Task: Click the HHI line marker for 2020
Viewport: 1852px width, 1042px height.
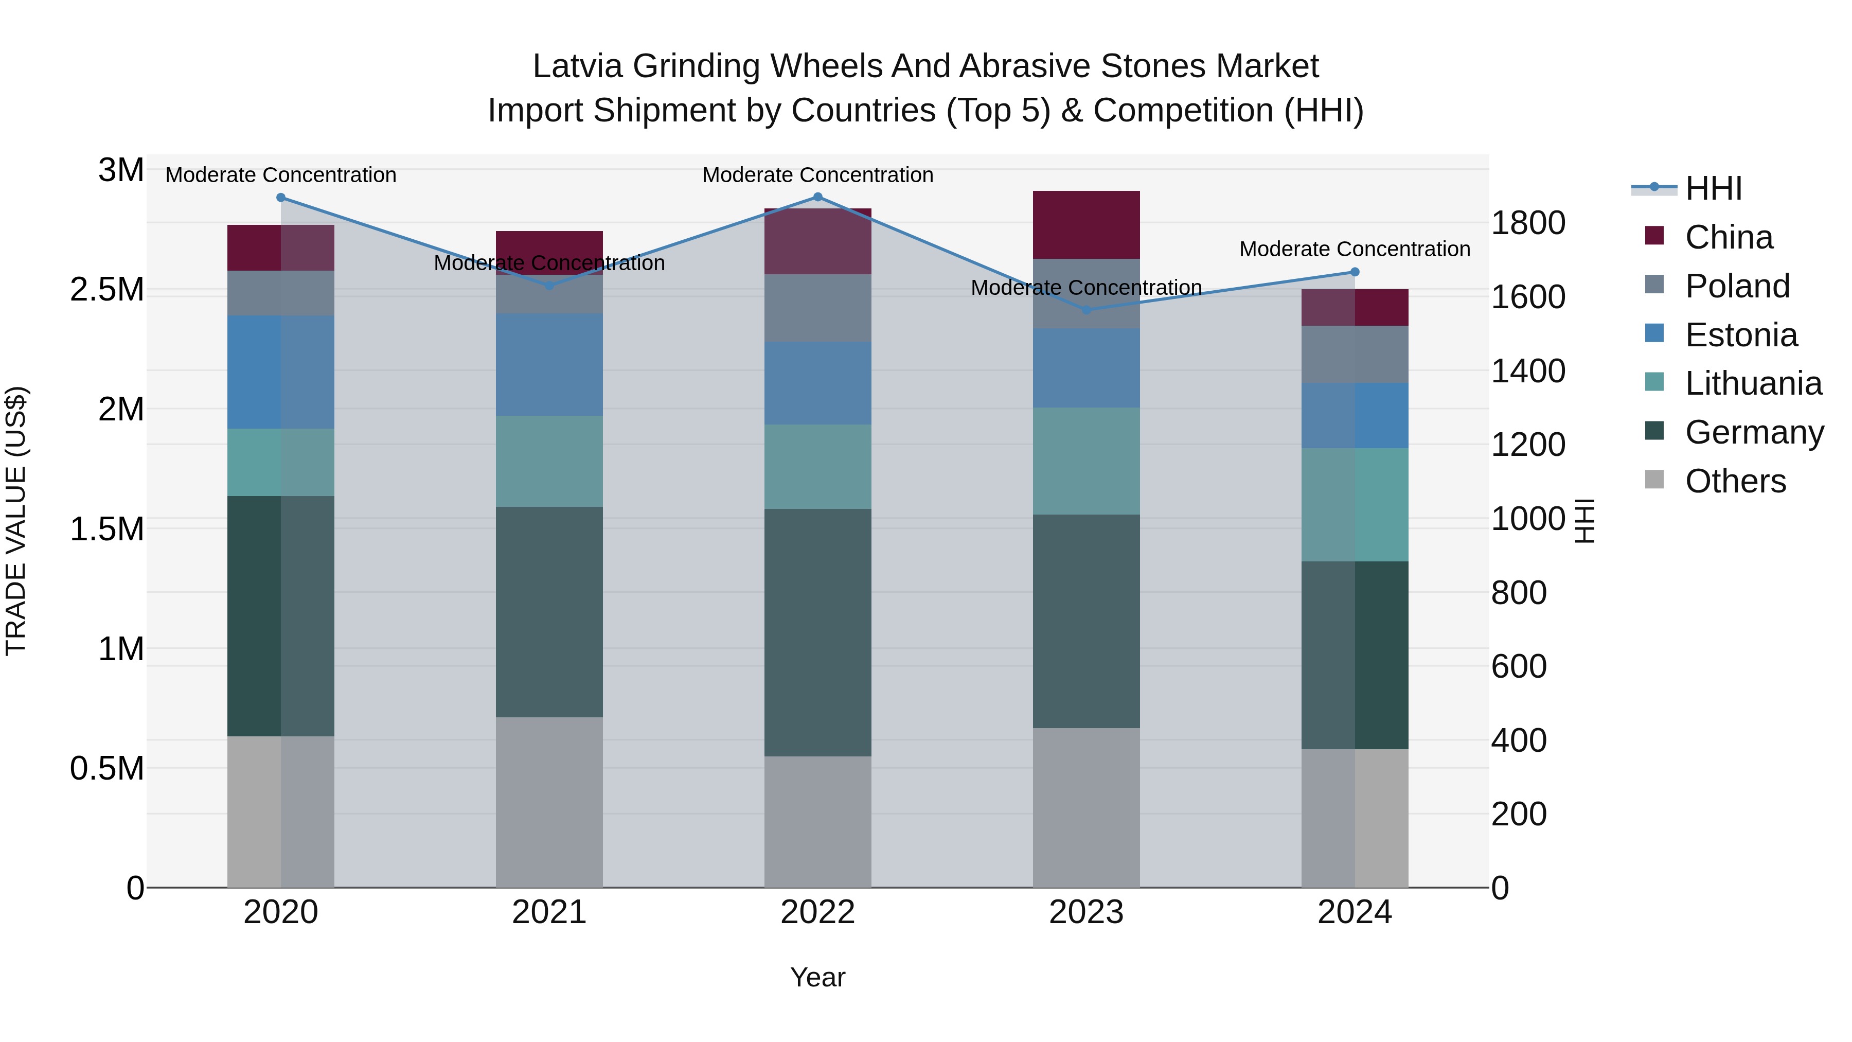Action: coord(281,198)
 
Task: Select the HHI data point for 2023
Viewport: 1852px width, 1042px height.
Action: coord(1087,310)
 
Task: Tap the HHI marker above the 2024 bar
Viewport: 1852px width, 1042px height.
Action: coord(1355,272)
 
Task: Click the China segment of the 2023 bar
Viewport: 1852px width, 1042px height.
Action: coord(1087,224)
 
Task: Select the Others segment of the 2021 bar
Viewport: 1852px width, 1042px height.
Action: coord(549,802)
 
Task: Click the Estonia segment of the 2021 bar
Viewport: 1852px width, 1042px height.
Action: coord(549,365)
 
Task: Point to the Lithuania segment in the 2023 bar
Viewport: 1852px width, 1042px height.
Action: coord(1087,461)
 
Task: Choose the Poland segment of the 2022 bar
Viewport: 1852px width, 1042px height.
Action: coord(817,308)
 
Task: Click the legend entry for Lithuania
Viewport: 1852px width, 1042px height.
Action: coord(1753,383)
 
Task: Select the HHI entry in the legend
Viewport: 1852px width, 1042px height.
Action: coord(1713,188)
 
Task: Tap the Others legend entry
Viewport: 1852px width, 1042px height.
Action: coord(1735,481)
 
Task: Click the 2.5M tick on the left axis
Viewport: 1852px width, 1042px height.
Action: coord(107,290)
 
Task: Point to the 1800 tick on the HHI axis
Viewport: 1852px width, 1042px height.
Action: coord(1528,223)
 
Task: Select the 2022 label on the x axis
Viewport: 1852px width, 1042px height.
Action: coord(817,912)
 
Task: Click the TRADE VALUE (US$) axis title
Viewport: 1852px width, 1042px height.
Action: coord(16,521)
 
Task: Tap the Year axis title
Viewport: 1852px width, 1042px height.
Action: coord(817,977)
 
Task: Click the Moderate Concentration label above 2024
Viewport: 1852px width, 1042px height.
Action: coord(1355,249)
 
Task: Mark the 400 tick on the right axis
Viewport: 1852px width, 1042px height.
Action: coord(1519,740)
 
